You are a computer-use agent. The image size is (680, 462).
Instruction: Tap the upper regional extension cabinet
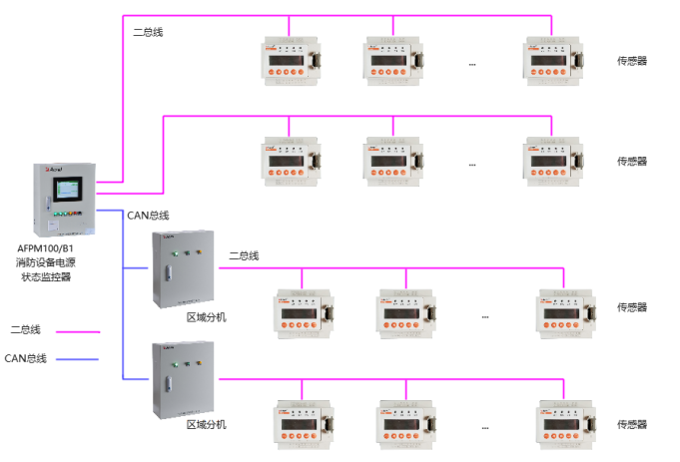point(183,268)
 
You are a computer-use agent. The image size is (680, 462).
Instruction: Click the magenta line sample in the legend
point(78,331)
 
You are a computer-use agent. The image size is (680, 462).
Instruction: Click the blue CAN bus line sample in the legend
point(78,359)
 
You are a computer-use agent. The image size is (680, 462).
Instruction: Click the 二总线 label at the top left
point(147,32)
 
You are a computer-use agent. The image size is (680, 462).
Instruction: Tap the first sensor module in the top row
point(289,63)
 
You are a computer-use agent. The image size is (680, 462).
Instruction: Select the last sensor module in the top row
point(548,63)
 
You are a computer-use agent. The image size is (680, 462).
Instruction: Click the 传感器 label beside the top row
point(631,62)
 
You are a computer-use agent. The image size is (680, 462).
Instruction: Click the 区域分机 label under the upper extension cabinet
point(206,318)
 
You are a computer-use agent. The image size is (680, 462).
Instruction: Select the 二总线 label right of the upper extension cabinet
point(243,256)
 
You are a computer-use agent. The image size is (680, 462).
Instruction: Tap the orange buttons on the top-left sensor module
point(287,73)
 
